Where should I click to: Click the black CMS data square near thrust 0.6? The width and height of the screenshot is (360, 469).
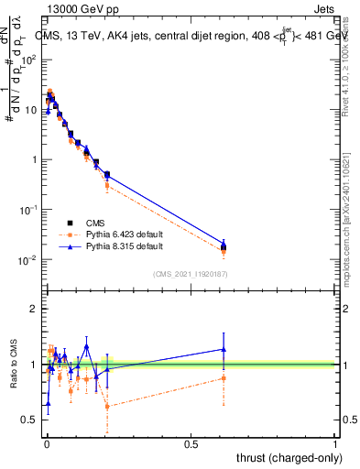(x=224, y=246)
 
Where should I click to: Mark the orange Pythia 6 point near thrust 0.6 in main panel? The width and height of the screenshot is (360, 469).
(x=224, y=251)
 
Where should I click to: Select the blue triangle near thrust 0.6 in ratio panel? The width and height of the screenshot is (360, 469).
(x=224, y=349)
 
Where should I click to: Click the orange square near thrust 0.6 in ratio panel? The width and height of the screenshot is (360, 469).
(x=224, y=377)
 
